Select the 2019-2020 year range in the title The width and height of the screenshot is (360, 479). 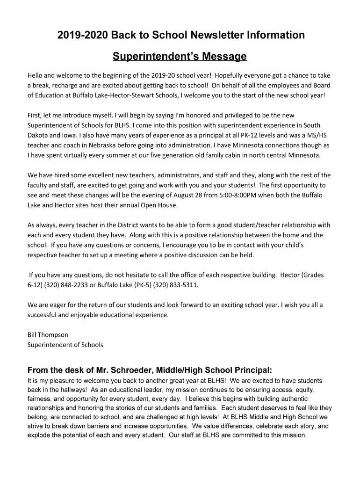click(x=82, y=35)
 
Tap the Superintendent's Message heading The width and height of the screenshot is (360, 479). click(x=180, y=57)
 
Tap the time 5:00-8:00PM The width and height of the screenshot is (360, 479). click(x=257, y=195)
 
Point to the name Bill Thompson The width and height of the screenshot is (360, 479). click(x=48, y=335)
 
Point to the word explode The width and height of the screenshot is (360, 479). click(x=39, y=435)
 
